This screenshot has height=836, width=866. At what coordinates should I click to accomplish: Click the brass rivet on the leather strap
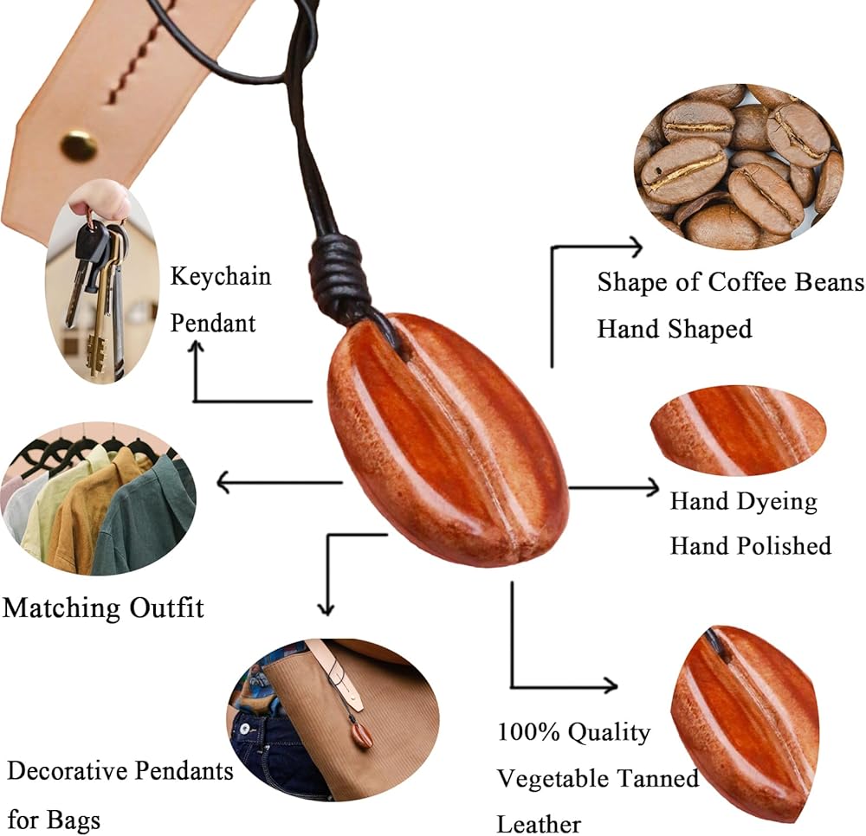[x=79, y=145]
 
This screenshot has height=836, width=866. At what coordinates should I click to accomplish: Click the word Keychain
[x=220, y=277]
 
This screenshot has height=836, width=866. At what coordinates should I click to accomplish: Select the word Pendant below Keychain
[x=213, y=323]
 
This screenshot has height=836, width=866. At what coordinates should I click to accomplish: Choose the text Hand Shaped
[x=674, y=329]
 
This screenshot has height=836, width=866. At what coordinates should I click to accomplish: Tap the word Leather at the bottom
[x=539, y=823]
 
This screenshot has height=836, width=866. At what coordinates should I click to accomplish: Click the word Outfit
[x=166, y=608]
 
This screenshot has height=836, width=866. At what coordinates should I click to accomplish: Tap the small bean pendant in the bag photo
[x=363, y=734]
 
